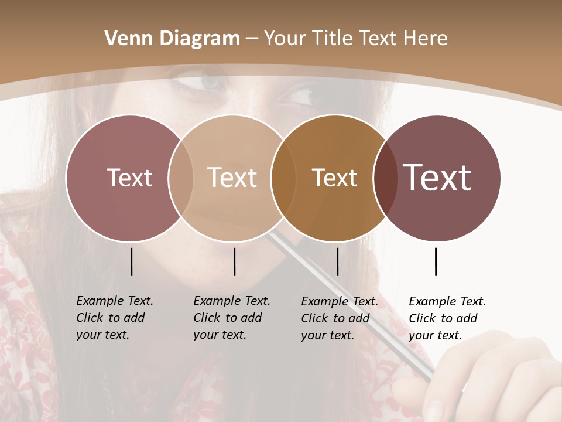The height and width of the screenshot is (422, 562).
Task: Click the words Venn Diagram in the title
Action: [172, 39]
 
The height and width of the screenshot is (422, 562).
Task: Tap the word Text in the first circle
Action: [129, 178]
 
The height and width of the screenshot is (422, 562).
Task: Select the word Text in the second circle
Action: [232, 178]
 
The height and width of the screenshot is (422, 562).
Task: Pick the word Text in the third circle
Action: [334, 178]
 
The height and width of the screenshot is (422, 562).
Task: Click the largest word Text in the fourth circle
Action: [437, 178]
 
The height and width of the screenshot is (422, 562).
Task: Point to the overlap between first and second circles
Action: [181, 178]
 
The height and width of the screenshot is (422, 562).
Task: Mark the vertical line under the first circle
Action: [132, 261]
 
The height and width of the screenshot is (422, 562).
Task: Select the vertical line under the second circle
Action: [234, 261]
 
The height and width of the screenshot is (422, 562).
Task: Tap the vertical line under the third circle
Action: [337, 261]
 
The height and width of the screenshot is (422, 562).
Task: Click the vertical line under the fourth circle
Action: [436, 261]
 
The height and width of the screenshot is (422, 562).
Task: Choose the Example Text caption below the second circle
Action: [231, 318]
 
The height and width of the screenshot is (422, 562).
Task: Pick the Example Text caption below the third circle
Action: [339, 318]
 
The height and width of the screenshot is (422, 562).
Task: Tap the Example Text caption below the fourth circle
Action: [447, 318]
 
